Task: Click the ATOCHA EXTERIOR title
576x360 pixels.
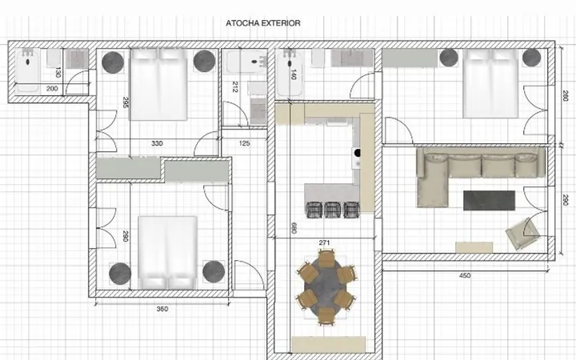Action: coord(263,23)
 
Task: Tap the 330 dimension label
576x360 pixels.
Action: coord(157,143)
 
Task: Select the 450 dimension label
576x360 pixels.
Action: coord(465,275)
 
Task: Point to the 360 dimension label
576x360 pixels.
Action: coord(162,309)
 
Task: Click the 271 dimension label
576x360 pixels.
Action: coord(324,243)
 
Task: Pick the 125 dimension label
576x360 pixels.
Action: coord(244,143)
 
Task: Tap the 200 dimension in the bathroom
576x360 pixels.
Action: coord(52,89)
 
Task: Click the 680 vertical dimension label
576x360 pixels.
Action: coord(294,228)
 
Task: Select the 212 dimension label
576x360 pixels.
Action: coord(235,87)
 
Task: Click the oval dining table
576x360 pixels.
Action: coord(326,287)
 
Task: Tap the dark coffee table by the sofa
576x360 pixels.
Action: coord(489,201)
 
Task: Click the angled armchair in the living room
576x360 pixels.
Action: coord(522,234)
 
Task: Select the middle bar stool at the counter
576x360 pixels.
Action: coord(333,210)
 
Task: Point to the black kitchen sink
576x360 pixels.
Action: coord(357,153)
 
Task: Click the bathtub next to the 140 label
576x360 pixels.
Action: coord(289,74)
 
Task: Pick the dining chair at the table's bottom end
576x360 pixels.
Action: coord(326,317)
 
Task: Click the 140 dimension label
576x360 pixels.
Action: coord(294,74)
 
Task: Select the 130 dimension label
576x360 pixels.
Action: coord(58,72)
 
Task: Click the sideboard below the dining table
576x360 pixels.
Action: coord(329,344)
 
